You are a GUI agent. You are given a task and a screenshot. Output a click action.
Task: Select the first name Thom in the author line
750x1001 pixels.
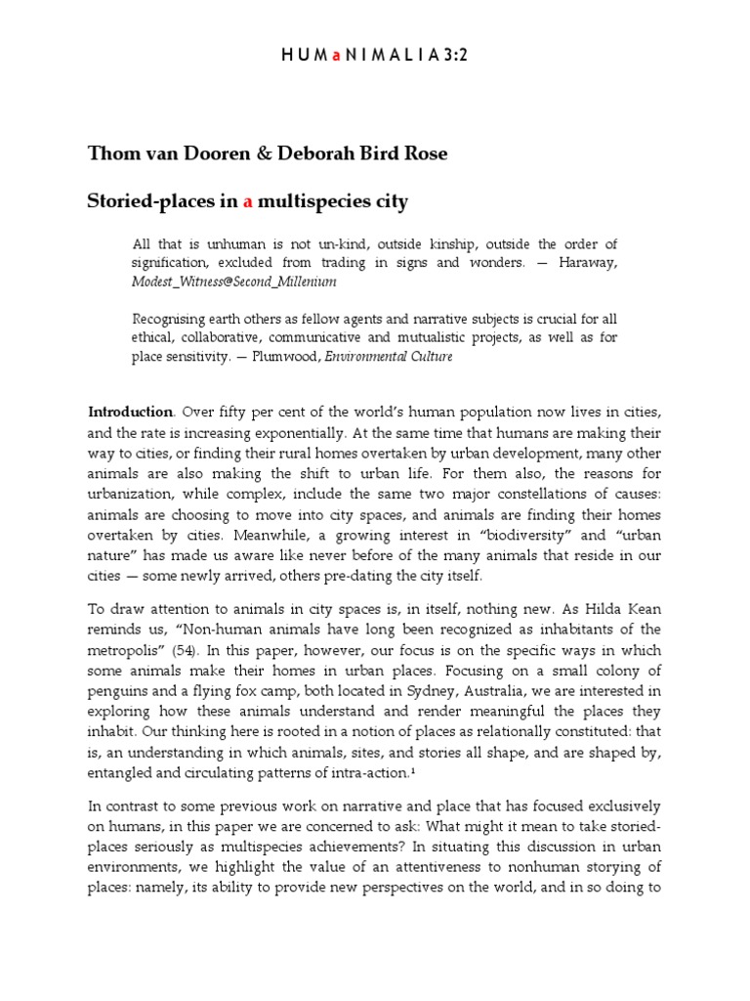110,154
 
